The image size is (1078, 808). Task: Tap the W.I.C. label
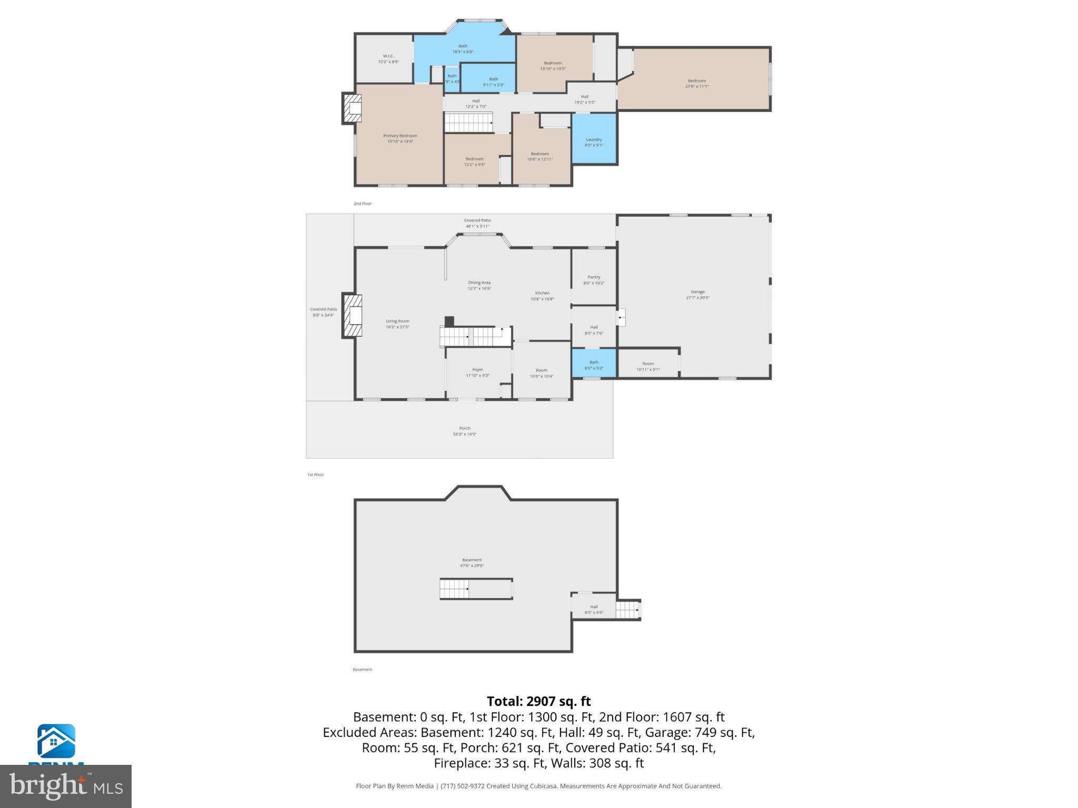pos(388,58)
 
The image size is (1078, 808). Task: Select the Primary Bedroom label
pos(400,138)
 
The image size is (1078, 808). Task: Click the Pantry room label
pos(594,279)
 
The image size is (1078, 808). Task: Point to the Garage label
pos(697,294)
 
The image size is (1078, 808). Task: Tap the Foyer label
pos(477,372)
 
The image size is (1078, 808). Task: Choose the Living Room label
pos(397,324)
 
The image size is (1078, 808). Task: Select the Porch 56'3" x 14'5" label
pos(465,431)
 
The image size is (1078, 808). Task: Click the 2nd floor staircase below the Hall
pos(468,123)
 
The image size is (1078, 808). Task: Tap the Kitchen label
pos(542,296)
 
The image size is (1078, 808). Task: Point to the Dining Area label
pos(479,285)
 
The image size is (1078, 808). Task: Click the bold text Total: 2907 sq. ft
pos(538,701)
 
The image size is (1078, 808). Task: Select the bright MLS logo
pos(66,786)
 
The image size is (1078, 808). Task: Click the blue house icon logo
pos(56,741)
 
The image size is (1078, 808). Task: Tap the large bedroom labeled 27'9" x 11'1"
pos(696,83)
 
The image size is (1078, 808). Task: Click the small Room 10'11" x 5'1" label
pos(648,366)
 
